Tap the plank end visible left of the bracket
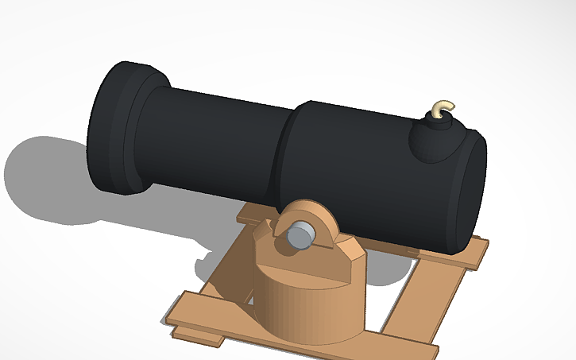point(254,212)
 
